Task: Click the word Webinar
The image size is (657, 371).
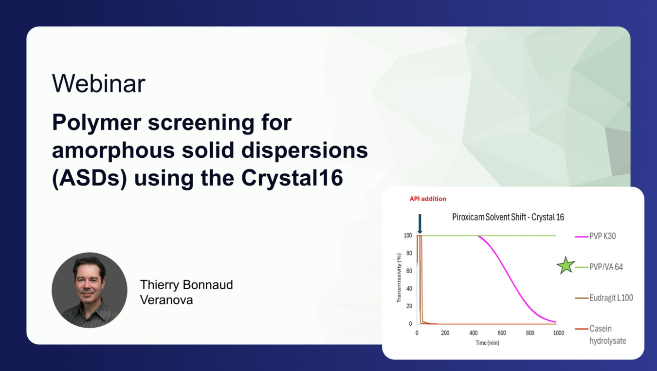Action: pyautogui.click(x=98, y=84)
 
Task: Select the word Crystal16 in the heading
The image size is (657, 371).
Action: pyautogui.click(x=292, y=178)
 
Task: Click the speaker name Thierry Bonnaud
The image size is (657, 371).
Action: pyautogui.click(x=186, y=285)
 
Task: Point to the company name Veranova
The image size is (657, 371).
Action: pyautogui.click(x=166, y=300)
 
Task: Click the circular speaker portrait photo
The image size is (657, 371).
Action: pyautogui.click(x=90, y=290)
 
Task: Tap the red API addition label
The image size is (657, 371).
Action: pyautogui.click(x=428, y=199)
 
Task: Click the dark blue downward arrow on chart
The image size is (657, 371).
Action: pyautogui.click(x=420, y=224)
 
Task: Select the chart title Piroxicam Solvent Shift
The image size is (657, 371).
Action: pyautogui.click(x=489, y=217)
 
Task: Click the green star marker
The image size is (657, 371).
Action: pyautogui.click(x=565, y=266)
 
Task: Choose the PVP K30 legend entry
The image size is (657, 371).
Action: pyautogui.click(x=595, y=236)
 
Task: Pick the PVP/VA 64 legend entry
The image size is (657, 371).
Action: pyautogui.click(x=599, y=267)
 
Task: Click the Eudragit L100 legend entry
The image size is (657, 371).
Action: pyautogui.click(x=604, y=298)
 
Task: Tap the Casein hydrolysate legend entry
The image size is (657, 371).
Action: pyautogui.click(x=601, y=334)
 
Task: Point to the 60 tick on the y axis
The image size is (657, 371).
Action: pyautogui.click(x=409, y=271)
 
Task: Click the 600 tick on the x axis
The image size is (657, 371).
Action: pyautogui.click(x=502, y=333)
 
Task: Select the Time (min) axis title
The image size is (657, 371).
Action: pyautogui.click(x=487, y=343)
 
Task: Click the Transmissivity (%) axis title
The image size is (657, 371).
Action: pyautogui.click(x=399, y=278)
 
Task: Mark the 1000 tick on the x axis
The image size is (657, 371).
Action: pyautogui.click(x=559, y=333)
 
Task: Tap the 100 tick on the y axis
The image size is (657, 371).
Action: pyautogui.click(x=408, y=235)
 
